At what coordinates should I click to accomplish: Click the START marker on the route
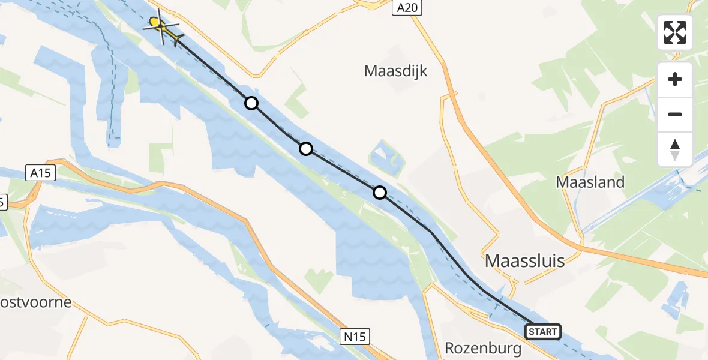click(543, 331)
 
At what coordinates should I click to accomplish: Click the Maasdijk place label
click(395, 71)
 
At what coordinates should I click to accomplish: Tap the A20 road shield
click(408, 7)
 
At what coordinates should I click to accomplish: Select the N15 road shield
click(356, 337)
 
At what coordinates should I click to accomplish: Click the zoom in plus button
click(675, 79)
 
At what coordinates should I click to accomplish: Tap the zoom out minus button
click(675, 114)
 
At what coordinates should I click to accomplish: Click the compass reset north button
click(675, 149)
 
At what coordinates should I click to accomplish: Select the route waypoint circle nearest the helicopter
click(251, 103)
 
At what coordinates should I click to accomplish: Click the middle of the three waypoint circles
click(306, 148)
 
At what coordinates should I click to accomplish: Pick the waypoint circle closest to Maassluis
click(380, 193)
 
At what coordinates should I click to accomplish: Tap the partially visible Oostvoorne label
click(36, 302)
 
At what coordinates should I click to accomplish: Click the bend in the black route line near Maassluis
click(431, 232)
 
